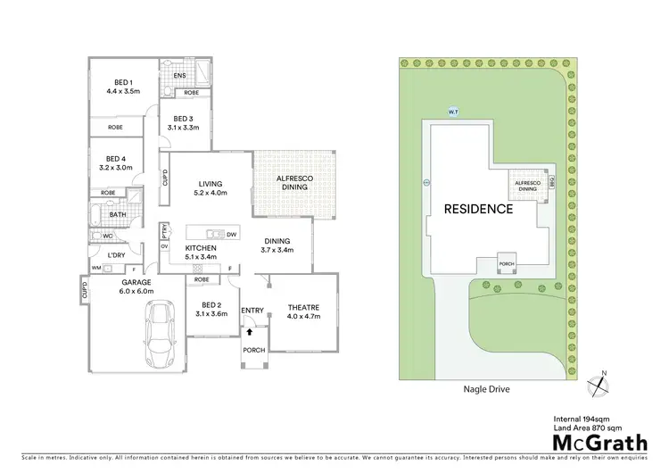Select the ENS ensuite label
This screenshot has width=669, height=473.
pos(179,76)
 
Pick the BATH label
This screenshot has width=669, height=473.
pos(118,214)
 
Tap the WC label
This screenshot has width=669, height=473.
pos(106,236)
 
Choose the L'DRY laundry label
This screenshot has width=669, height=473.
pos(115,256)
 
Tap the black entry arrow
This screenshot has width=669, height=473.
pos(252,330)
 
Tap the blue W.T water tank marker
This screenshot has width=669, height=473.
pos(452,112)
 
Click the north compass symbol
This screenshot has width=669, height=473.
pos(603,383)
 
